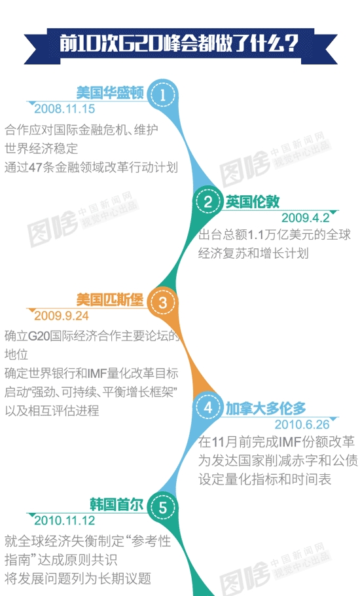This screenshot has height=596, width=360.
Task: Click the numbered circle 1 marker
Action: [x=162, y=95]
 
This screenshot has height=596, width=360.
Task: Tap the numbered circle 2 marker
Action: [x=207, y=202]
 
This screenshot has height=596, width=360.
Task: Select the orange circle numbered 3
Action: [x=162, y=303]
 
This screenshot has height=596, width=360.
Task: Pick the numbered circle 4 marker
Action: [x=207, y=408]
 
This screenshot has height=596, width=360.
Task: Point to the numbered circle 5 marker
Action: [x=162, y=508]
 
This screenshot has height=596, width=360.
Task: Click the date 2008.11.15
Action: [x=65, y=109]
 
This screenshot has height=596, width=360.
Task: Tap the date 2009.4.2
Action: [x=305, y=218]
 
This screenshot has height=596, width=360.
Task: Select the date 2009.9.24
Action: [x=62, y=316]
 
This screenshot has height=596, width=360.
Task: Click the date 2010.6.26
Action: [x=302, y=424]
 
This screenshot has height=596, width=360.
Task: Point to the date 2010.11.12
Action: [x=65, y=521]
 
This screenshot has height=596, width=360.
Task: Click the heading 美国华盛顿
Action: [x=110, y=93]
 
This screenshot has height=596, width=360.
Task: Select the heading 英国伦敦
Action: [x=253, y=202]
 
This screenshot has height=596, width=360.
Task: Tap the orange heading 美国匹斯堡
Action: [x=110, y=300]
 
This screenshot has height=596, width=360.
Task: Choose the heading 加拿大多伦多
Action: [x=266, y=409]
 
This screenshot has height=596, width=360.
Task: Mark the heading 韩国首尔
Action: [x=117, y=505]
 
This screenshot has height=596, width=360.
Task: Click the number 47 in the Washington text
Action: [x=35, y=168]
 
